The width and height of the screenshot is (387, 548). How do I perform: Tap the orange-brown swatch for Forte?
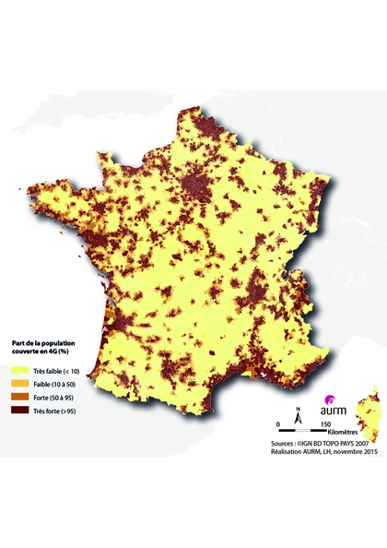click(16, 397)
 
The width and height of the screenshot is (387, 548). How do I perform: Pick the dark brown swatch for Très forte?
click(16, 411)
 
